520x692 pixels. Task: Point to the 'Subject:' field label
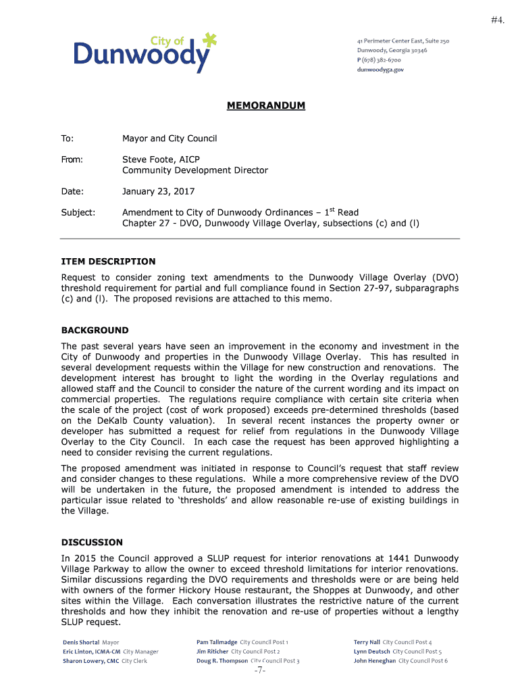78,212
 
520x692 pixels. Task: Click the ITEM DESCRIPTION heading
108,262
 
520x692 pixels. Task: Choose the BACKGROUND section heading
95,330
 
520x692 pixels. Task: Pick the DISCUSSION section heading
92,542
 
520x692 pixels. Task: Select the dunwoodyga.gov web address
380,70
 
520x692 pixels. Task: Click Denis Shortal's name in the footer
81,642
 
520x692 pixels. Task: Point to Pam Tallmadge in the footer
217,642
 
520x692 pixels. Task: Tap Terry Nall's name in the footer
367,642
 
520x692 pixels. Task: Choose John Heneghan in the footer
375,661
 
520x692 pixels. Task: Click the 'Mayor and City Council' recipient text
170,139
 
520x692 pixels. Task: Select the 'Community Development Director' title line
195,170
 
